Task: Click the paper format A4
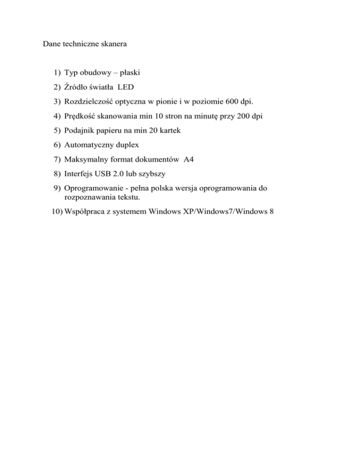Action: pos(190,160)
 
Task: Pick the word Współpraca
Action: pos(85,211)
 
